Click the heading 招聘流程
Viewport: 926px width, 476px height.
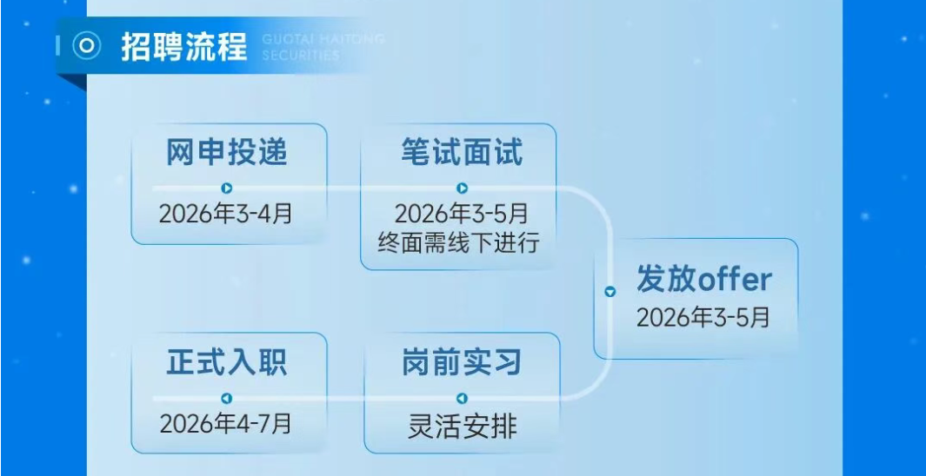183,47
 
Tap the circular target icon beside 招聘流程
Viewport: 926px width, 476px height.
87,46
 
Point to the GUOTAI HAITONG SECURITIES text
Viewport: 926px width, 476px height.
323,47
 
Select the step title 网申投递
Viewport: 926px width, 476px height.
227,152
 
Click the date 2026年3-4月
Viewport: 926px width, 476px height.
225,213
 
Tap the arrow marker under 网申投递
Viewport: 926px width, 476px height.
227,188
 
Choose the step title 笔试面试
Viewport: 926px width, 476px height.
462,152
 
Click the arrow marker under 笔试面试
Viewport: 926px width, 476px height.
463,188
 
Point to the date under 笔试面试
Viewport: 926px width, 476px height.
461,214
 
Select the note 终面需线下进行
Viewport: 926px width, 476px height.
459,241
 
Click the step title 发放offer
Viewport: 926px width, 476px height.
704,279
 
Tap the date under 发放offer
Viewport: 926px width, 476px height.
703,317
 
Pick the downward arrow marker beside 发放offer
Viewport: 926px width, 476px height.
610,291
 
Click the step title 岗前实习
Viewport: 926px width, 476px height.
462,362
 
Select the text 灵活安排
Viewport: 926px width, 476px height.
463,426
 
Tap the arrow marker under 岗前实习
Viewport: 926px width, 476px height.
463,399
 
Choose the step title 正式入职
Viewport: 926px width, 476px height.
227,362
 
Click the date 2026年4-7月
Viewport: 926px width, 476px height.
225,424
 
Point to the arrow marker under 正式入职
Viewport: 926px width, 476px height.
227,399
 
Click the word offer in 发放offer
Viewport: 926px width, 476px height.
735,279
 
